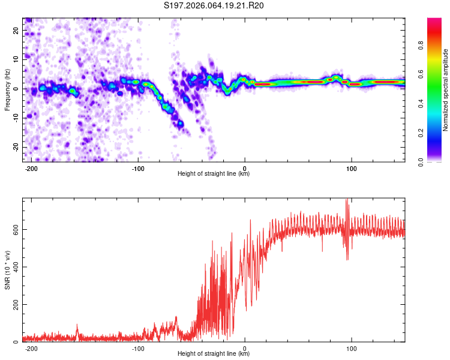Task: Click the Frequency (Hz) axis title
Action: click(x=7, y=89)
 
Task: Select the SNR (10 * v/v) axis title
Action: click(x=7, y=269)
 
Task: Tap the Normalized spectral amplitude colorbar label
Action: click(x=446, y=90)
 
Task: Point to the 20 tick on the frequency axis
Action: click(x=17, y=30)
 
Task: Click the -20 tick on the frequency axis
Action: click(x=16, y=147)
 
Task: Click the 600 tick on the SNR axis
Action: click(x=14, y=229)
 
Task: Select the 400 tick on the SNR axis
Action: click(x=14, y=267)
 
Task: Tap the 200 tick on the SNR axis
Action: click(x=14, y=305)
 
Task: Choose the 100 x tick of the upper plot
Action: click(x=352, y=168)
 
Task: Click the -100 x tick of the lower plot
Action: click(x=137, y=348)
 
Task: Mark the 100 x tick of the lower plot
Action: click(x=352, y=348)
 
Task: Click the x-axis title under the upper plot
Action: click(x=214, y=174)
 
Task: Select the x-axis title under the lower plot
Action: click(x=214, y=354)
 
